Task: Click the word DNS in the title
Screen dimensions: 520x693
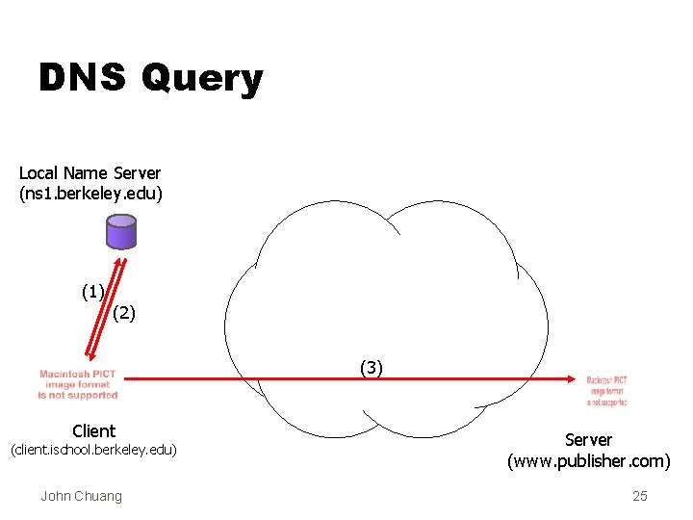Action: (x=82, y=78)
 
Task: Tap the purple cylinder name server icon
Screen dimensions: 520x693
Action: (x=121, y=232)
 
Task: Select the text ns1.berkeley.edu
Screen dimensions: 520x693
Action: (x=91, y=194)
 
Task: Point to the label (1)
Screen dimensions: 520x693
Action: (x=93, y=291)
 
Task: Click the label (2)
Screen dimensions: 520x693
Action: (x=125, y=312)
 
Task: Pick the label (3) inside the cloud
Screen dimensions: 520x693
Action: (x=372, y=366)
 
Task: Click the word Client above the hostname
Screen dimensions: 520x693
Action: (x=93, y=431)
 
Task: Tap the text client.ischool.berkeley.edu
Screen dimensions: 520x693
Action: (x=93, y=451)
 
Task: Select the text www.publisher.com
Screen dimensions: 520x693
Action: (x=589, y=461)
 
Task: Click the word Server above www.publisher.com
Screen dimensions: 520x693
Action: (x=588, y=440)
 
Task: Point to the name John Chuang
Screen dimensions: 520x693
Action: (x=81, y=496)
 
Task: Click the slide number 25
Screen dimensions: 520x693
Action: (x=640, y=496)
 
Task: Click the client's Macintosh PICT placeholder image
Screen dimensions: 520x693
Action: (x=78, y=384)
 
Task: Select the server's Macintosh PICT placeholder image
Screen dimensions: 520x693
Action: (x=606, y=390)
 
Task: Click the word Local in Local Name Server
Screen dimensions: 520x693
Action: (x=38, y=173)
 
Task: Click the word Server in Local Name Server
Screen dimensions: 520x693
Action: (x=138, y=173)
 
